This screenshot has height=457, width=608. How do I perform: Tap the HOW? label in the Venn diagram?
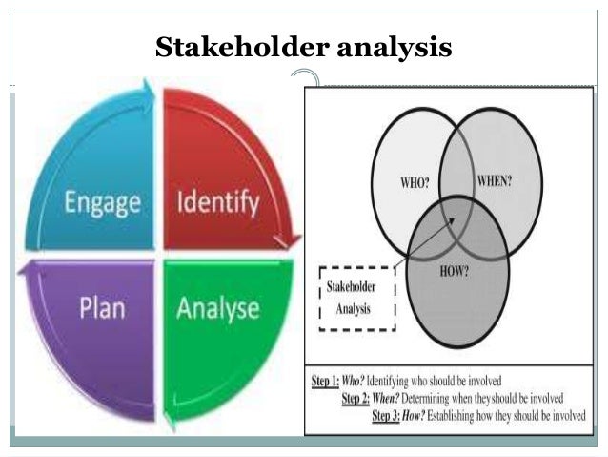[x=455, y=271]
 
